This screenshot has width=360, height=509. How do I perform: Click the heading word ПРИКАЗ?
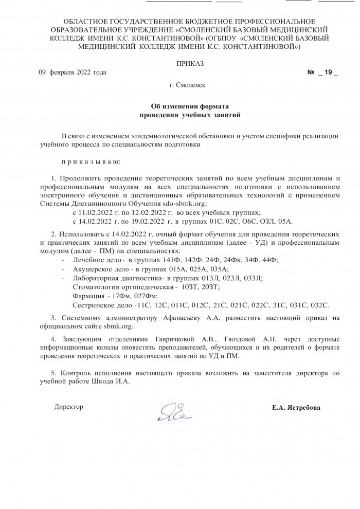click(190, 63)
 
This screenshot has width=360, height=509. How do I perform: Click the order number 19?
click(328, 72)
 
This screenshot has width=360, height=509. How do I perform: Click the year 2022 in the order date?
click(85, 72)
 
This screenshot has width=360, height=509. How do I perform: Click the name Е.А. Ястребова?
click(296, 408)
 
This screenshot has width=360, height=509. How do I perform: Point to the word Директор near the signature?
click(68, 407)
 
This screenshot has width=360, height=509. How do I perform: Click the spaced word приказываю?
click(91, 162)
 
